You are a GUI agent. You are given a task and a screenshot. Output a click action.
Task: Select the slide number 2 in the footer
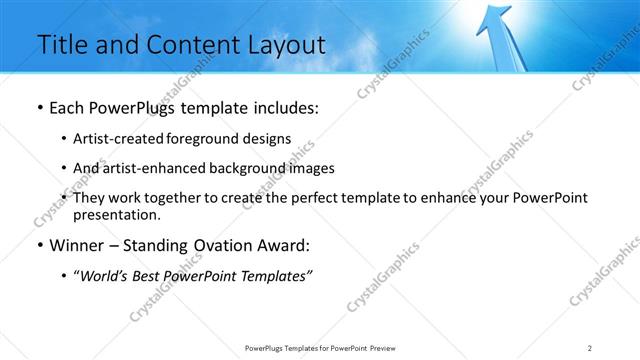coord(590,347)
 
